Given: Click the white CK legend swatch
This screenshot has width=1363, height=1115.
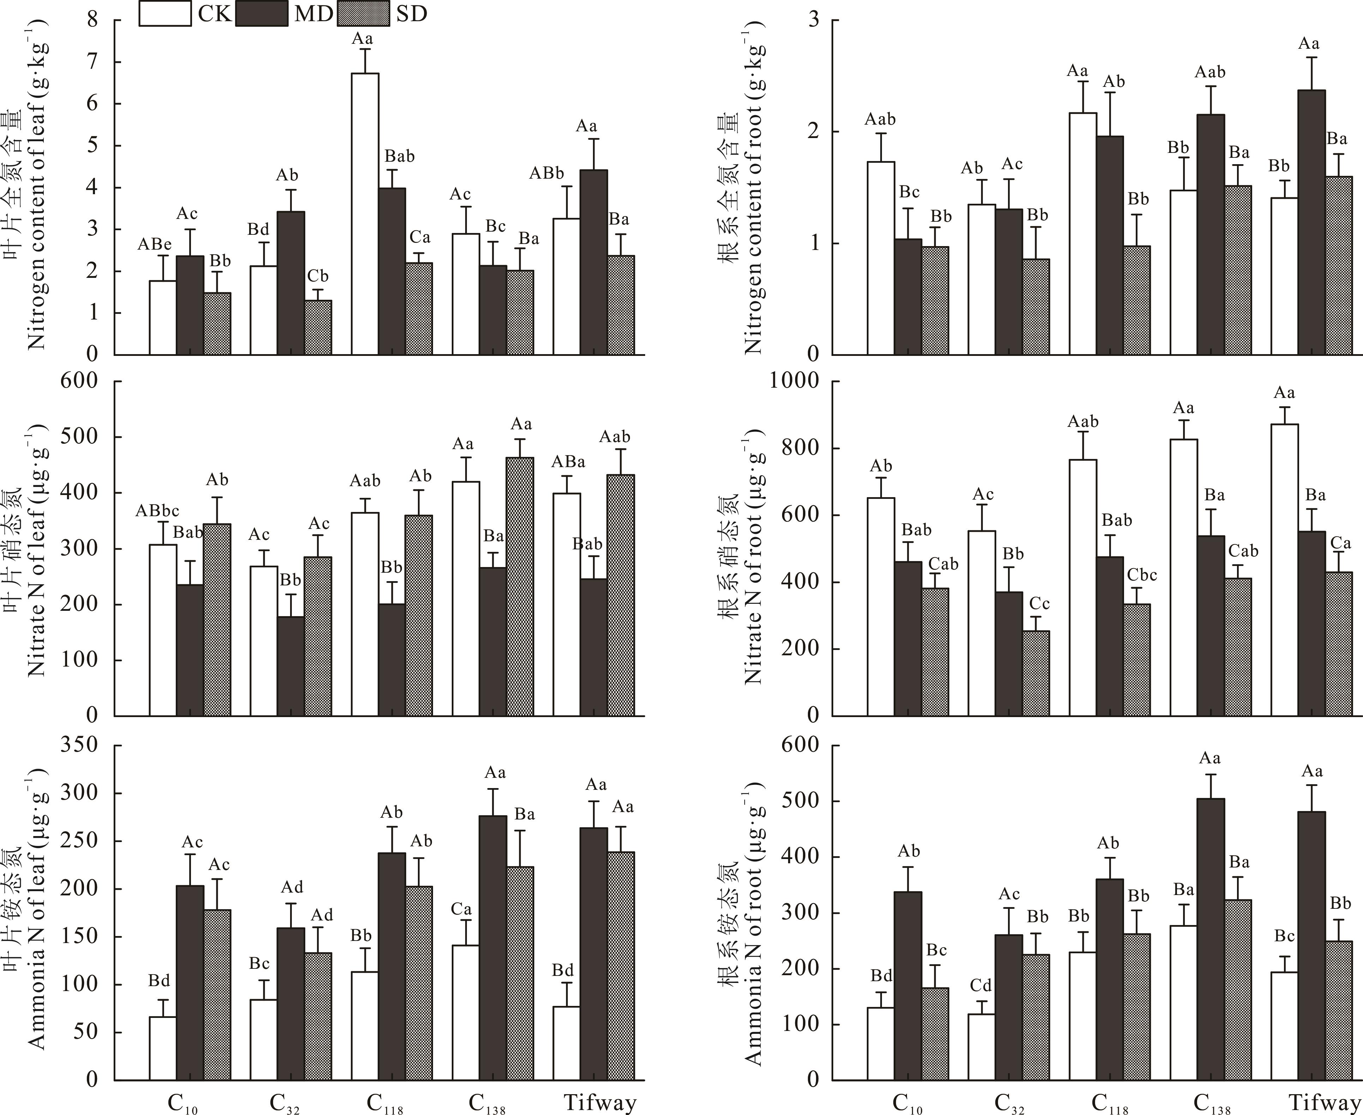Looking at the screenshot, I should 165,13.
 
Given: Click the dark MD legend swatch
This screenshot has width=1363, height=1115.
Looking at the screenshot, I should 261,13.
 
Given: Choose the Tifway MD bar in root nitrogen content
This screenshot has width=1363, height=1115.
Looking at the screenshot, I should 1311,222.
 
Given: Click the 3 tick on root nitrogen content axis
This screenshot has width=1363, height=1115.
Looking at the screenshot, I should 814,20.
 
